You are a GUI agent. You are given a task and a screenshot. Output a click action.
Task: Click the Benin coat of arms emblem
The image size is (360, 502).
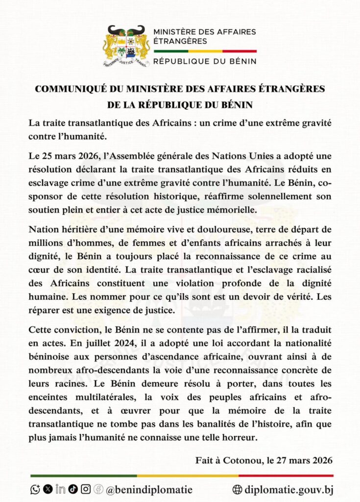coord(126,46)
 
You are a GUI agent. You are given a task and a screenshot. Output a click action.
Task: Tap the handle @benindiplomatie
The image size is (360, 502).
coord(149,489)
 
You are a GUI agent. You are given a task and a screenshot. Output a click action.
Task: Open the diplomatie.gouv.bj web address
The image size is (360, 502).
coord(289,489)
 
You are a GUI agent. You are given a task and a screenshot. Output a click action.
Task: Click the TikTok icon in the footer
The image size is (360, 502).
coord(73,489)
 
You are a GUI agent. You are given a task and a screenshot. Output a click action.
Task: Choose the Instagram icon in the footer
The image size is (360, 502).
coord(86,489)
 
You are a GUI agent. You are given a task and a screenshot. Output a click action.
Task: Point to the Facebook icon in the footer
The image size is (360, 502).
coord(98,489)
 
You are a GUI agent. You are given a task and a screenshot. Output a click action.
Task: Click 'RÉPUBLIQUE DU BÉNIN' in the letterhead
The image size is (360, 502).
coord(205,62)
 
